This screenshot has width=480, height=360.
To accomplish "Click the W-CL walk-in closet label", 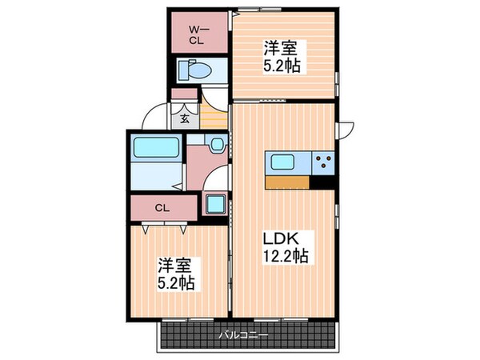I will click(194, 34).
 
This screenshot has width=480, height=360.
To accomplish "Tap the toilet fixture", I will click(191, 70).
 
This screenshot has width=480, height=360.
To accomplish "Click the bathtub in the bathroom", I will click(155, 149).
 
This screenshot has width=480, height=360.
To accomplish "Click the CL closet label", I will click(162, 208).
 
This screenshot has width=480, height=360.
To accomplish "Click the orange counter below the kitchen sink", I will click(287, 182).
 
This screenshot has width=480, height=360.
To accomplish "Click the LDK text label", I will click(280, 238).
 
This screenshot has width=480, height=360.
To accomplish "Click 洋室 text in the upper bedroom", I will click(280, 49).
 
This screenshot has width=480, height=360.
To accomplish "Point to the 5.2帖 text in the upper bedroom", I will click(282, 67).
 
